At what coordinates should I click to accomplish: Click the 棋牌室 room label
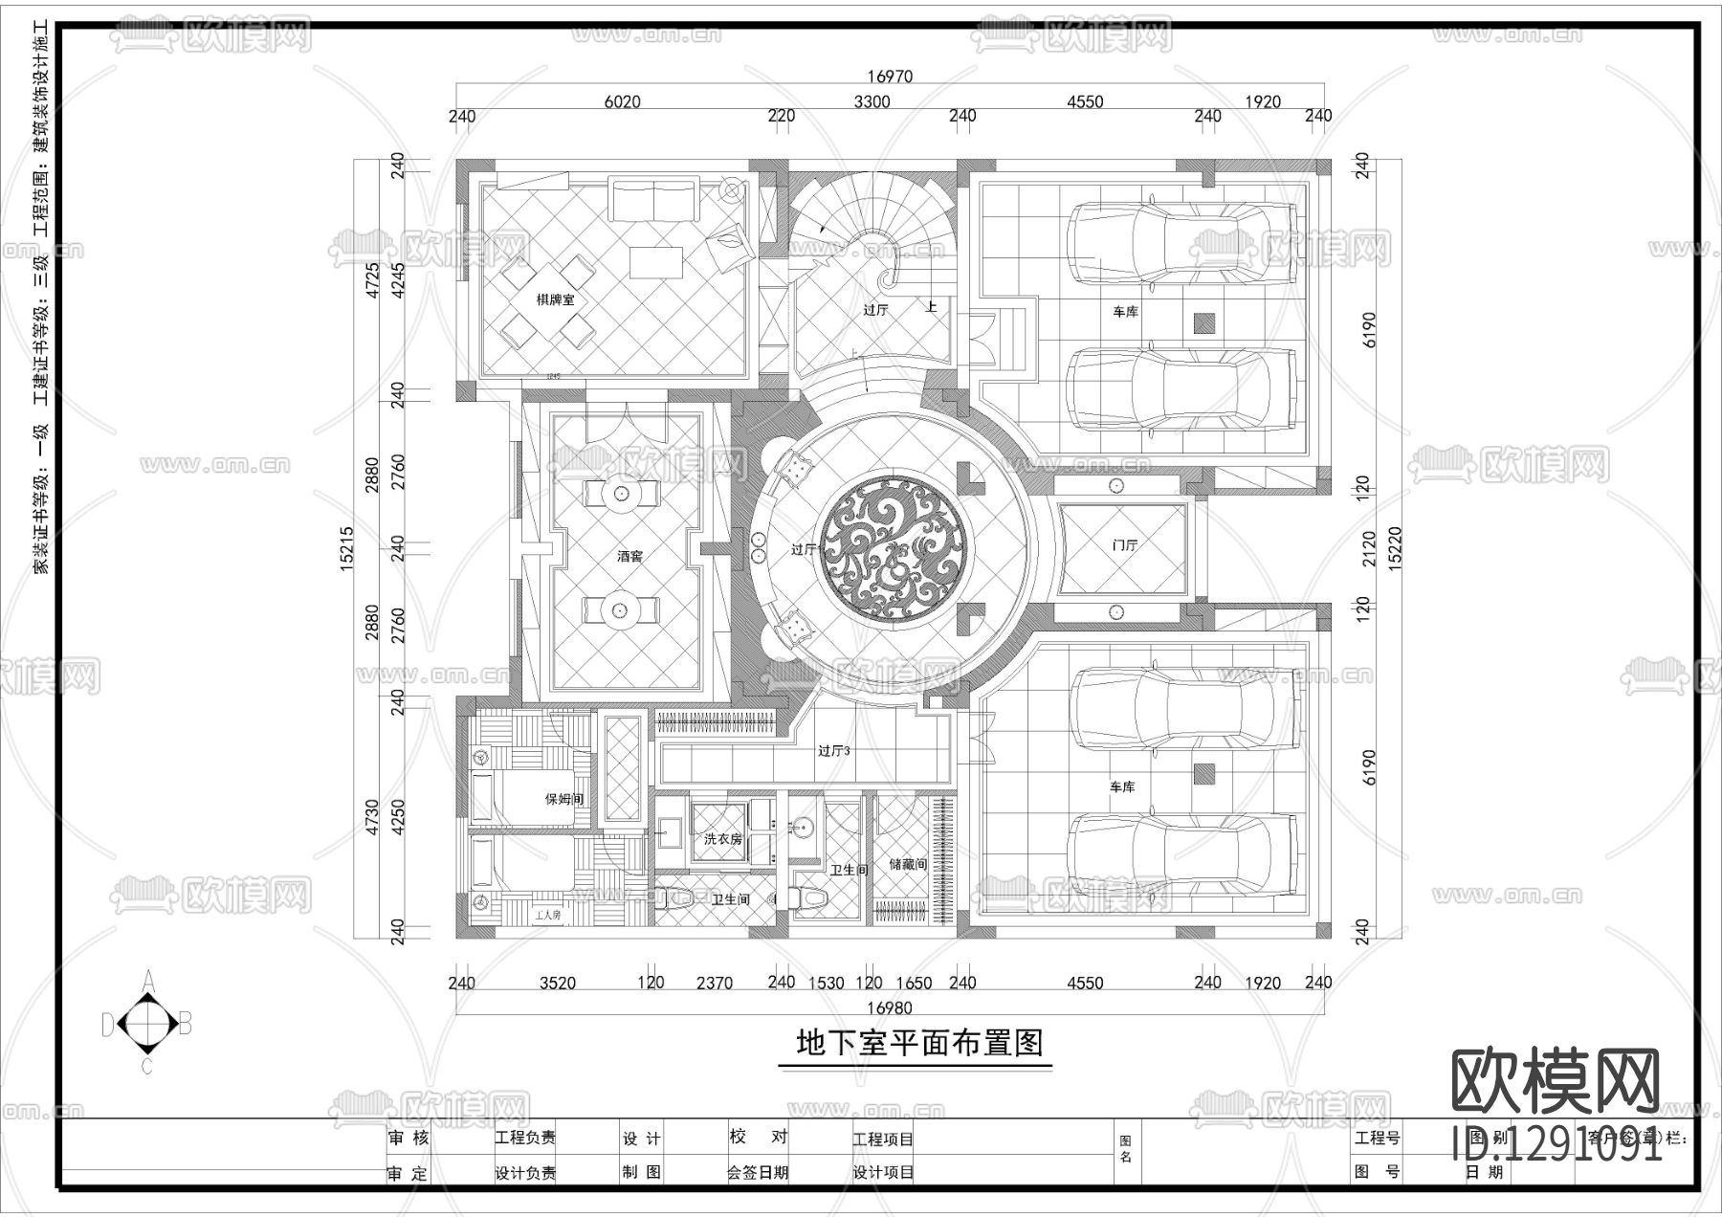(555, 299)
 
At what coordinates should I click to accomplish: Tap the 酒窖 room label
(629, 556)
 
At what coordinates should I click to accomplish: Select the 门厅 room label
(1125, 545)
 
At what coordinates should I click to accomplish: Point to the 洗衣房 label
(722, 839)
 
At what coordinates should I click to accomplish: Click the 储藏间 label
(907, 864)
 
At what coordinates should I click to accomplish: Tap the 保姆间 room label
(563, 799)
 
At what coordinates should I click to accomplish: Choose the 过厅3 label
(833, 751)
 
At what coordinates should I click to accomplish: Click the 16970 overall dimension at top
(890, 77)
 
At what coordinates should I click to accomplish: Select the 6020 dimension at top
(622, 101)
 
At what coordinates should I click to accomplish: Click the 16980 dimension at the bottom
(890, 1007)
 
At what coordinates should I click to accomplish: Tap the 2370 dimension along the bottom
(715, 983)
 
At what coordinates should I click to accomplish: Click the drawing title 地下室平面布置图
(918, 1043)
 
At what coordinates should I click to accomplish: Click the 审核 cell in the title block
(408, 1139)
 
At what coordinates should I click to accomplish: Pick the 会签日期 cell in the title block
(757, 1172)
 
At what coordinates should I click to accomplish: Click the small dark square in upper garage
(1203, 323)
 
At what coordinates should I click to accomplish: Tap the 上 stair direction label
(931, 307)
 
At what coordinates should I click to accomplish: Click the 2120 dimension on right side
(1369, 548)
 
